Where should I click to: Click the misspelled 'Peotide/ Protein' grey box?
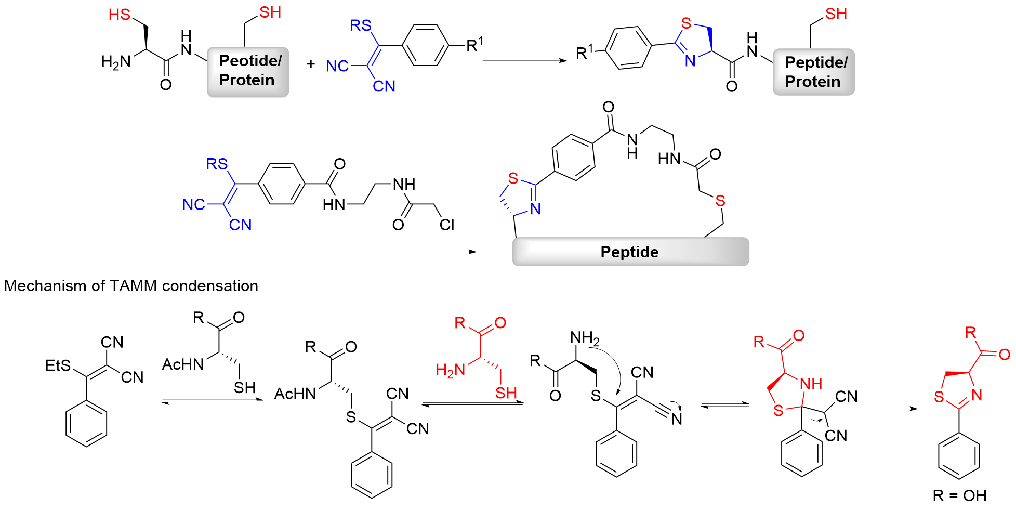248,71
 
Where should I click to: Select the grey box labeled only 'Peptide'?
630,252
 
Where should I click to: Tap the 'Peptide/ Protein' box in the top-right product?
813,72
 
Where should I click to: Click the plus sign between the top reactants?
311,64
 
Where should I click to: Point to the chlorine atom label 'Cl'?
446,225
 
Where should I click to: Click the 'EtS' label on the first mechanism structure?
58,365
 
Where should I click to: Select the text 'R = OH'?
959,495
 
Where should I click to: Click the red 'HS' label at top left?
119,15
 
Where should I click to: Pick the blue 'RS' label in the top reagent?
360,25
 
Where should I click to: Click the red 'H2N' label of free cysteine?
450,370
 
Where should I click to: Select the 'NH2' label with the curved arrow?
584,338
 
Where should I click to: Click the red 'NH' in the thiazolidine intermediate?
811,384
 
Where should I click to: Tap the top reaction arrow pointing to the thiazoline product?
524,61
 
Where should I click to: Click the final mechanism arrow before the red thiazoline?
891,409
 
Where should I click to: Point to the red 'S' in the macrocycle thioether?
720,201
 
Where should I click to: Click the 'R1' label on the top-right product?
584,52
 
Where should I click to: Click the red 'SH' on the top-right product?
836,14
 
